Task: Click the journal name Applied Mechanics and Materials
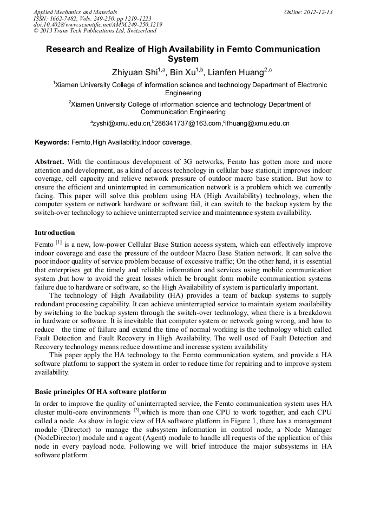[75, 12]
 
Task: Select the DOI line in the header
[97, 25]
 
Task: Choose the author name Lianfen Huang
[234, 72]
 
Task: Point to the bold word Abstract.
[49, 162]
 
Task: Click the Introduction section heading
[55, 233]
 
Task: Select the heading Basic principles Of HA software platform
[100, 391]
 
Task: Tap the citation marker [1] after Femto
[58, 242]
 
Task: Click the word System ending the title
[183, 59]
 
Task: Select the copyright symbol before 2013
[36, 31]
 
